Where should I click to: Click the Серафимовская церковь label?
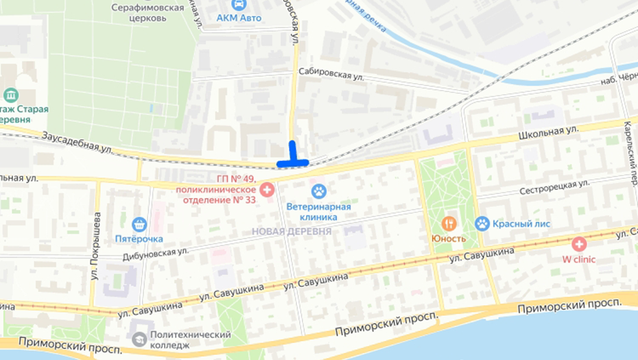click(148, 12)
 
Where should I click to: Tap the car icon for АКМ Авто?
click(239, 4)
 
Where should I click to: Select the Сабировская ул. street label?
click(331, 74)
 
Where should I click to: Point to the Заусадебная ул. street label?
click(76, 142)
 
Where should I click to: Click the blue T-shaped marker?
click(293, 157)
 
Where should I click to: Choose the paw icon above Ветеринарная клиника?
click(318, 191)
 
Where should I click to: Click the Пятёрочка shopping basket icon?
click(139, 224)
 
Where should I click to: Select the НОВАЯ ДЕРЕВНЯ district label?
click(292, 231)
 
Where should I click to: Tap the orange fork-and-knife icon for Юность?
click(449, 223)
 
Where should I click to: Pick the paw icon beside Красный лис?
click(482, 223)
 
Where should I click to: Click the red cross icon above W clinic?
click(579, 243)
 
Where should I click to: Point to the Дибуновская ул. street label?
click(156, 252)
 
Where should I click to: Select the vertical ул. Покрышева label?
click(94, 243)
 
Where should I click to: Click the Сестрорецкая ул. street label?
click(554, 187)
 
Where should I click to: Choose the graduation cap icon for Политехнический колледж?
click(140, 339)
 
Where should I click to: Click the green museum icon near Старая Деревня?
click(11, 95)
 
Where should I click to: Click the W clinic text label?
click(579, 259)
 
